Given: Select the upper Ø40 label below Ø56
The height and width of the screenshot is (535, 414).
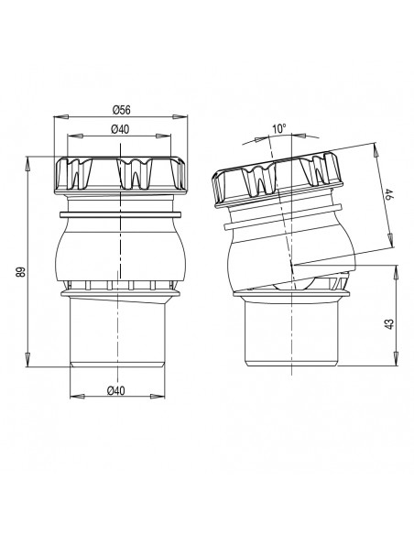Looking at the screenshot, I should tap(120, 131).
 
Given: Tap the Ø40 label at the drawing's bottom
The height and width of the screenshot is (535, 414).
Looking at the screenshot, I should tap(116, 390).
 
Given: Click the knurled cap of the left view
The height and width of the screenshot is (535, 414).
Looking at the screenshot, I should tap(120, 174).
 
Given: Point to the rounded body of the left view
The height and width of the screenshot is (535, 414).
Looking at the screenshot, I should tap(120, 252).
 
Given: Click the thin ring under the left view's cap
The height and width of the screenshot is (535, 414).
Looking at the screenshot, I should tap(120, 216).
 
